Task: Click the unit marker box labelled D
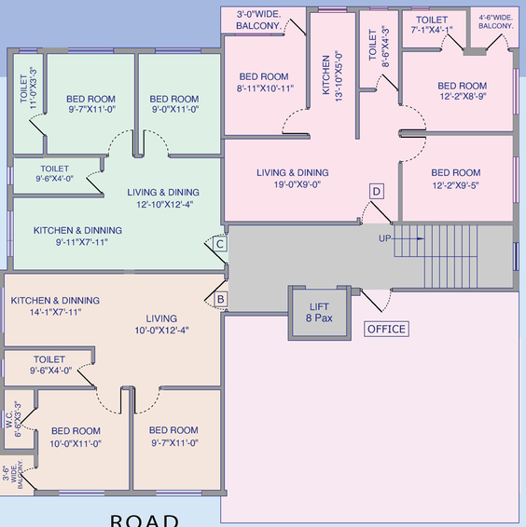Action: coord(377,192)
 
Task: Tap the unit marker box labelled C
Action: coord(220,244)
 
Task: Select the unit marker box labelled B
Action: coord(221,299)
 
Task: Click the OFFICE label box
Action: coord(387,329)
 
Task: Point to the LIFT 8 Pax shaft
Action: coord(319,313)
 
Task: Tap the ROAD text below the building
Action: coord(145,520)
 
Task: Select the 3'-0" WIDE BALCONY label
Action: coord(258,20)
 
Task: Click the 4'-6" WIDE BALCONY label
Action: coord(496,21)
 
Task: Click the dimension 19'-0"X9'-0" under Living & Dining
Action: coord(298,184)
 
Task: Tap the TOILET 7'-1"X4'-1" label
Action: coord(432,25)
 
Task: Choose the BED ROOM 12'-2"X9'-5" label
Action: coord(456,179)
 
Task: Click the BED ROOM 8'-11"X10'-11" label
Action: coord(264,82)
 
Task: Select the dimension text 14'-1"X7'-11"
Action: coord(56,312)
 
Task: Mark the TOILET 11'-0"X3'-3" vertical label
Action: coord(29,88)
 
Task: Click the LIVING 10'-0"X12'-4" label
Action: coord(161,324)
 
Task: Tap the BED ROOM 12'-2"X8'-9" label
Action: coord(463,90)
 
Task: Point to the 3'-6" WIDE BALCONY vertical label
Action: coord(13,474)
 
